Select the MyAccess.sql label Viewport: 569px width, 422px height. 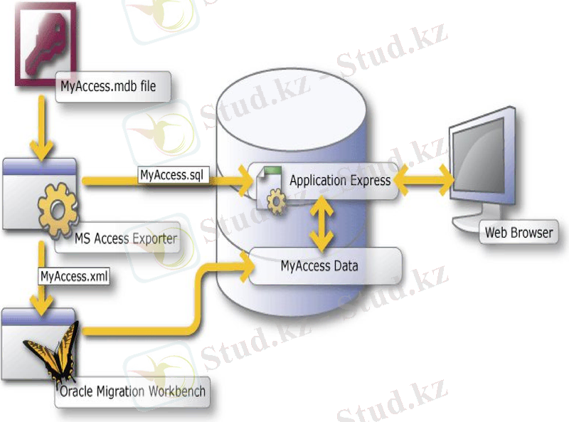pos(174,174)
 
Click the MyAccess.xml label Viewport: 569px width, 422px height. pos(74,276)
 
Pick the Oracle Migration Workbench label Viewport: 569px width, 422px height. pos(133,391)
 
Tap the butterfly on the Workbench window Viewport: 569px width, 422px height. pos(50,353)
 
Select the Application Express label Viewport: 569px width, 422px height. pos(339,180)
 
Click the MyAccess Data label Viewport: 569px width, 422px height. pos(319,267)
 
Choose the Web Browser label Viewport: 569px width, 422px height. pos(518,232)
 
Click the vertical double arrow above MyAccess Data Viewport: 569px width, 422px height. pos(323,223)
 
